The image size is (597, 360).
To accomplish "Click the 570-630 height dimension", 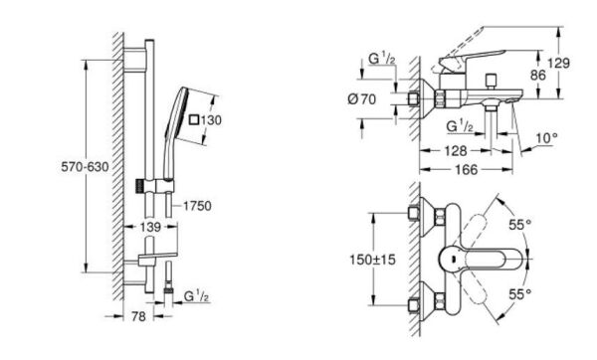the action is (85, 167).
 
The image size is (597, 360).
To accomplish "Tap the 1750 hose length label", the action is (197, 206).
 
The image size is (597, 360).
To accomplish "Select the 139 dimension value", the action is (150, 227).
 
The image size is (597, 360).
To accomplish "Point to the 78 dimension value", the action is (138, 316).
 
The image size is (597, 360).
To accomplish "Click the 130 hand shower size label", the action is (211, 120).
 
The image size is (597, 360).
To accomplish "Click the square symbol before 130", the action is (194, 119).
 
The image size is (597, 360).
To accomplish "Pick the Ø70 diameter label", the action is (362, 99).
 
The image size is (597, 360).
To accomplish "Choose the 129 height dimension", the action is (559, 63).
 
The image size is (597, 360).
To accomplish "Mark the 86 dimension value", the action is (538, 75).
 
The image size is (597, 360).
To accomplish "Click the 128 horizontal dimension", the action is (456, 151).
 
